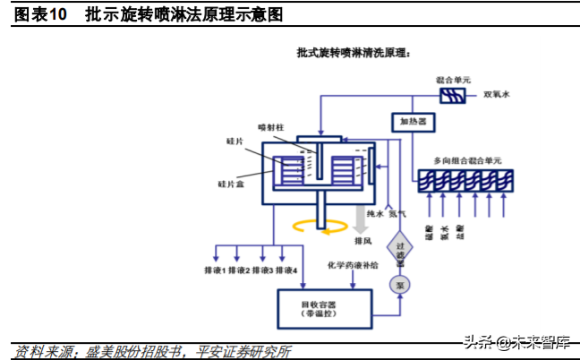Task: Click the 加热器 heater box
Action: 410,121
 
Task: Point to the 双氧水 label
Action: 496,93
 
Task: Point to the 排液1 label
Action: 215,270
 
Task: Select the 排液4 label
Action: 286,270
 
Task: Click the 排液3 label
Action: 263,270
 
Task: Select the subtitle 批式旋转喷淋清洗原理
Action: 353,54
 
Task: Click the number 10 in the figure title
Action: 57,15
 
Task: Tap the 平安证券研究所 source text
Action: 242,350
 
